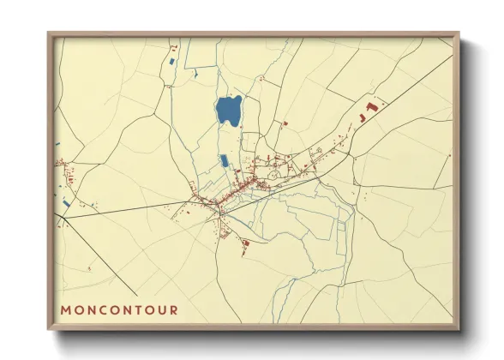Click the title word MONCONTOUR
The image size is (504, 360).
[119, 310]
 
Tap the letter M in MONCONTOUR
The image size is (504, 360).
[65, 310]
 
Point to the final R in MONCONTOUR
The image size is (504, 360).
[174, 310]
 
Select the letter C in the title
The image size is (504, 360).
[101, 310]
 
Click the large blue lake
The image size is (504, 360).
[227, 111]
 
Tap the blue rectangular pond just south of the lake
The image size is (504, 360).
[225, 160]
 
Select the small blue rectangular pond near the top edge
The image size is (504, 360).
[174, 62]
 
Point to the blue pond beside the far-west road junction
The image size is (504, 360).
[65, 203]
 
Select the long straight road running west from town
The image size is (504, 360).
[137, 211]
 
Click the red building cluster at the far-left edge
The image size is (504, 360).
[62, 161]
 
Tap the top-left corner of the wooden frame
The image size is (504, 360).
[50, 34]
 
